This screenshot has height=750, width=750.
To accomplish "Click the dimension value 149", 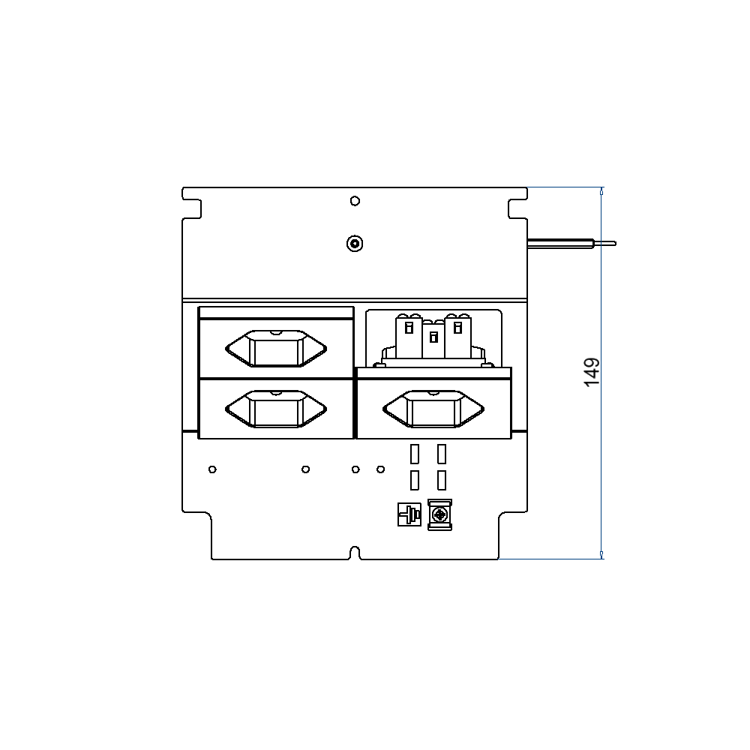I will (592, 373).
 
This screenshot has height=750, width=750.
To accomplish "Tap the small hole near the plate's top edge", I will (355, 201).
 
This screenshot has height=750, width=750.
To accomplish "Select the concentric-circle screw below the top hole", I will (355, 244).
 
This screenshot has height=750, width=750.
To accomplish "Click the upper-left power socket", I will (276, 349).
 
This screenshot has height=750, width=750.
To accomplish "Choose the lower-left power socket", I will (276, 409).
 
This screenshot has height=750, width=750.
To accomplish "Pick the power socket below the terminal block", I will (433, 409).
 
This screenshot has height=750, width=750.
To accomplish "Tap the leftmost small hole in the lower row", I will (213, 469).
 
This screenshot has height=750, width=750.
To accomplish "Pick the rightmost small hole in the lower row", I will (381, 469).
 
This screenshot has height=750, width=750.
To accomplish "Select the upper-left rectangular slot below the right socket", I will (415, 454).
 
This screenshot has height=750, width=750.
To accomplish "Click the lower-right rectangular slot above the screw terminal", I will (442, 480).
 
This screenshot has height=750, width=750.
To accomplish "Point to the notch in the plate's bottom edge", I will (355, 554).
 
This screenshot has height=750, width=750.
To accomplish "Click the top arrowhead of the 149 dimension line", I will (601, 192).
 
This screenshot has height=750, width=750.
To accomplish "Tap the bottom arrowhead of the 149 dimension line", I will (601, 554).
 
